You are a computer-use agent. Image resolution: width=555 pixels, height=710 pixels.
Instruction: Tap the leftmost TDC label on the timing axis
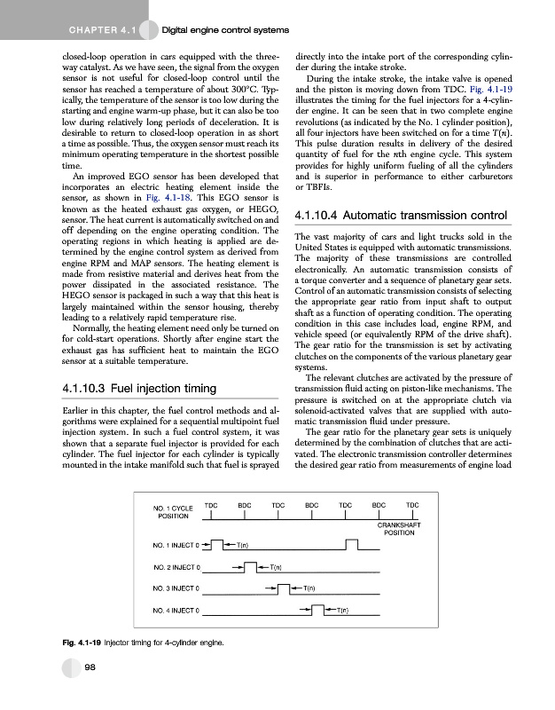211,504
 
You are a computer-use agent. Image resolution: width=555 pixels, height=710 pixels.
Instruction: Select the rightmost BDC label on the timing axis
379,504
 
